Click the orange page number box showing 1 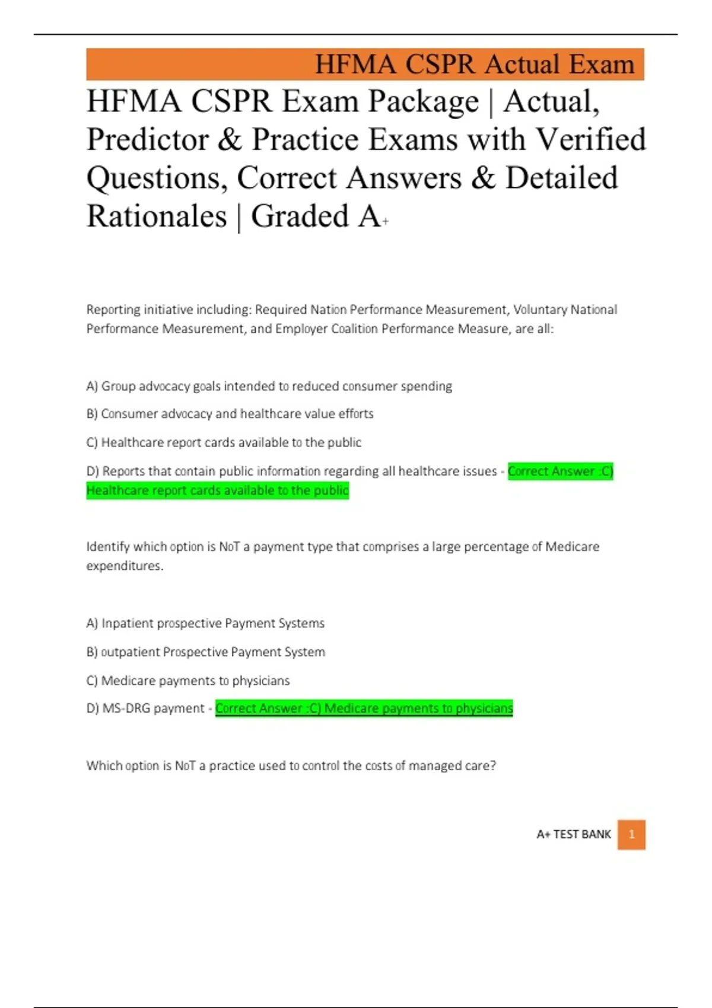pos(631,834)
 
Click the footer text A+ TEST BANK pos(573,834)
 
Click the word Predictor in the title pos(148,140)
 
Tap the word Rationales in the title pos(157,216)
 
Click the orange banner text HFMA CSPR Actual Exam pos(474,64)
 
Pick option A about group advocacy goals pos(269,386)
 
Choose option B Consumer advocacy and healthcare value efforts pos(230,413)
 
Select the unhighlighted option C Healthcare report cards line pos(224,442)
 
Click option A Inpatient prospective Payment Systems pos(205,623)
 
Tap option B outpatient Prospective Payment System pos(205,652)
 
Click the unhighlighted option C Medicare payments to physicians pos(188,680)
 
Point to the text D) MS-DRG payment pos(145,708)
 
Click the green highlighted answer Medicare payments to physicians pos(364,708)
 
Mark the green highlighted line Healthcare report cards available pos(217,490)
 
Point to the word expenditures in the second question pos(124,566)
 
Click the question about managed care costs pos(291,765)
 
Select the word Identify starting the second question pos(107,546)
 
